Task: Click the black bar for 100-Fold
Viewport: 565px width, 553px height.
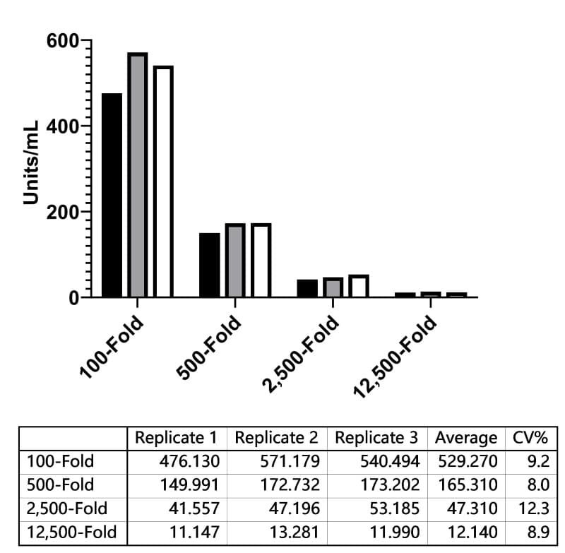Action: pyautogui.click(x=112, y=195)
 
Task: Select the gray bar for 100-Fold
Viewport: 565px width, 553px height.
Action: pyautogui.click(x=138, y=175)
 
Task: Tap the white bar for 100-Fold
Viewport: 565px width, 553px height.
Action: pyautogui.click(x=164, y=182)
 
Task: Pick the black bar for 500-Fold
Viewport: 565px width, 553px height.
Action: pyautogui.click(x=210, y=265)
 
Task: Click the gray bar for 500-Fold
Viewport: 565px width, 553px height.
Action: pyautogui.click(x=235, y=261)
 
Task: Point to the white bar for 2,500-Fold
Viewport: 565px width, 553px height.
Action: pyautogui.click(x=359, y=286)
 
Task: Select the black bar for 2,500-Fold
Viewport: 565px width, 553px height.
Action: pyautogui.click(x=307, y=289)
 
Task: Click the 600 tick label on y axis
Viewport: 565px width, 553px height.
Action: pyautogui.click(x=62, y=41)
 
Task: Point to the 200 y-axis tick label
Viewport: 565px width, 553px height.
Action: pyautogui.click(x=62, y=213)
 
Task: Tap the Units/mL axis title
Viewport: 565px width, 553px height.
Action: pyautogui.click(x=30, y=163)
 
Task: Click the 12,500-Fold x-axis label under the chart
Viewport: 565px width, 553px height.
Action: pyautogui.click(x=395, y=357)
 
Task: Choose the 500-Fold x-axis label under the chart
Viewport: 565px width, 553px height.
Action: pyautogui.click(x=208, y=347)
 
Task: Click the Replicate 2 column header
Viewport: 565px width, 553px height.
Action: pyautogui.click(x=276, y=438)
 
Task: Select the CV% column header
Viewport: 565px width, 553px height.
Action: pyautogui.click(x=530, y=438)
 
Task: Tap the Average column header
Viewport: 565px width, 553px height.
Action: pyautogui.click(x=466, y=439)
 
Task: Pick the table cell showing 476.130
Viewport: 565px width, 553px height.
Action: pyautogui.click(x=189, y=461)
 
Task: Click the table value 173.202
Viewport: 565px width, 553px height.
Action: pyautogui.click(x=391, y=485)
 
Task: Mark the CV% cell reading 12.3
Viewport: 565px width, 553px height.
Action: pyautogui.click(x=534, y=509)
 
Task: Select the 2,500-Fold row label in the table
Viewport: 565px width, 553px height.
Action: pyautogui.click(x=67, y=509)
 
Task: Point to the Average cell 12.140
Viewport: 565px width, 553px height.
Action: pyautogui.click(x=472, y=532)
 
